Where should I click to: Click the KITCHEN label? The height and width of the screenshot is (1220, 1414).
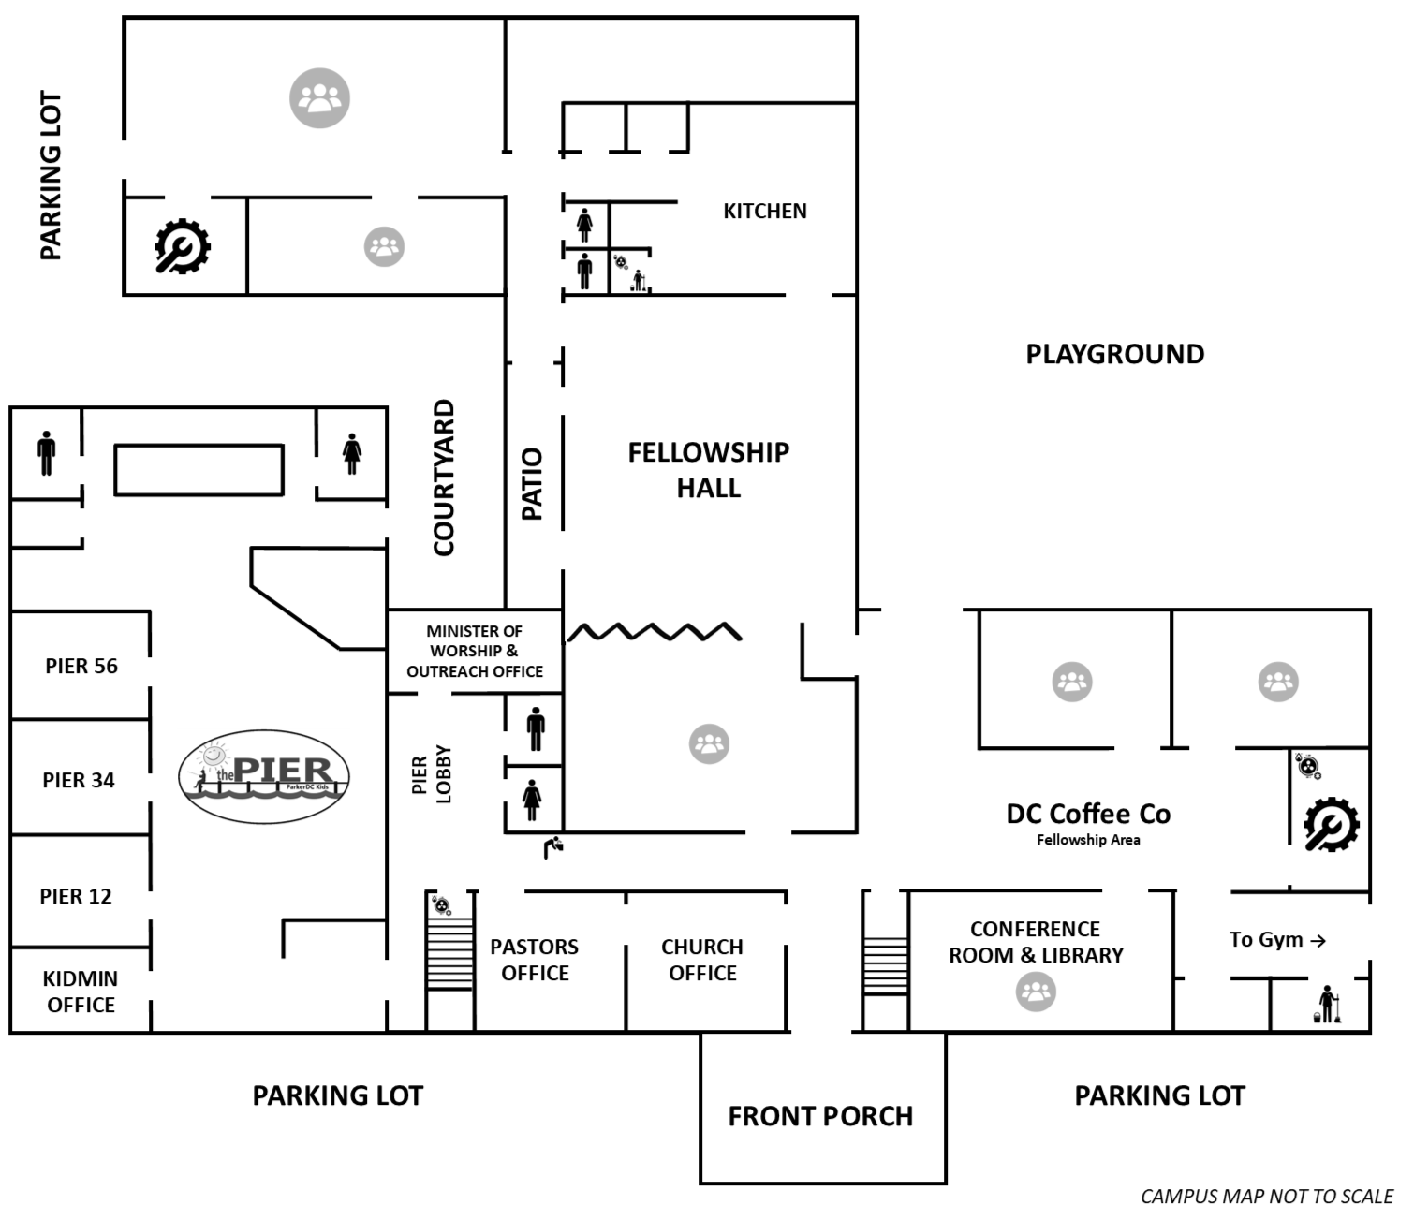[x=764, y=212]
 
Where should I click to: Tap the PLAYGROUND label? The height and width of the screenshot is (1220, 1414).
[x=1114, y=355]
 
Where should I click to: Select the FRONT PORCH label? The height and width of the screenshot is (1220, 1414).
[x=820, y=1116]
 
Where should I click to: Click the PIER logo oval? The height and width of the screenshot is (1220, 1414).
[x=264, y=777]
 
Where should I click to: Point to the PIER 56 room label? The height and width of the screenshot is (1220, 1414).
[x=81, y=667]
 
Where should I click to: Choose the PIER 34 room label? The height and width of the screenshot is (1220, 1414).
[x=79, y=780]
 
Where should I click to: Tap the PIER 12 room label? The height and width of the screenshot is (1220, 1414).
[x=76, y=896]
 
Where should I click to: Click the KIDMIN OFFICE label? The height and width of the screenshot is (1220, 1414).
[x=81, y=992]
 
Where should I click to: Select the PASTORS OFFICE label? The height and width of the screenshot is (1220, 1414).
[x=534, y=960]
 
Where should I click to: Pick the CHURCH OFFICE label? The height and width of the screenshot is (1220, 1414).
[x=702, y=960]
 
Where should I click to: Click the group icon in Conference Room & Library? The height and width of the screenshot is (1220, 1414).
[x=1036, y=992]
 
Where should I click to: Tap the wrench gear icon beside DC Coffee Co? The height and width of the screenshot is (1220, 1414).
[x=1331, y=824]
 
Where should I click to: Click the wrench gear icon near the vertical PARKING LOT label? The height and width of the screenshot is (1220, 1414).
[x=182, y=246]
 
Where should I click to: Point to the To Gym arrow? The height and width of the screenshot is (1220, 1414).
[x=1318, y=941]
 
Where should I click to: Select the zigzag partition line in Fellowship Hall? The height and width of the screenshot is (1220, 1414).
[x=655, y=632]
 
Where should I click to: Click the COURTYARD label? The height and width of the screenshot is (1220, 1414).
[x=444, y=478]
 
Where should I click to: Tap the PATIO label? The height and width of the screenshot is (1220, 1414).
[x=532, y=484]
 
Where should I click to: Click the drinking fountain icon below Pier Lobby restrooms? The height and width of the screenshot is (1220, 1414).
[x=553, y=846]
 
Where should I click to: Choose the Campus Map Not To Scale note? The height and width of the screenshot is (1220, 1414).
[x=1266, y=1197]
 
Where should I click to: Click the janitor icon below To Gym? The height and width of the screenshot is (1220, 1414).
[x=1328, y=1004]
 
